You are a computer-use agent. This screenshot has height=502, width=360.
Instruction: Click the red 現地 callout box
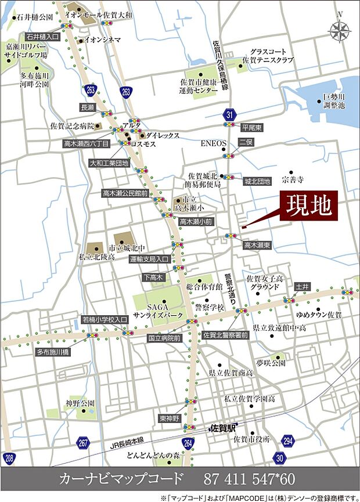pos(308,205)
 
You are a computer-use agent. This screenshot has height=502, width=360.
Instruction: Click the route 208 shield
pos(8,458)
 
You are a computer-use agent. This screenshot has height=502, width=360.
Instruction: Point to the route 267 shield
pos(83,444)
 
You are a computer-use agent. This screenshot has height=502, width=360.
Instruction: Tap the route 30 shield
pos(280,458)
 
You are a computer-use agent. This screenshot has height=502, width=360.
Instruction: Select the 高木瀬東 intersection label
pos(257,245)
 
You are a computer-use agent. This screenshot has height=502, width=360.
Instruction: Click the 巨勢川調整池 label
pos(334,100)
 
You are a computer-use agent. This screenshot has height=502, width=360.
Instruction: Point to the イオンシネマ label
pos(103,39)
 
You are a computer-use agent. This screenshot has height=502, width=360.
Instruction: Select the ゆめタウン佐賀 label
pos(319,315)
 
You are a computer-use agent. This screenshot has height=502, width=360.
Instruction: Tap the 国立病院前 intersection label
pos(164,337)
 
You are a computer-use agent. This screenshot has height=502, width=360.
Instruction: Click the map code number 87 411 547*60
pos(249,479)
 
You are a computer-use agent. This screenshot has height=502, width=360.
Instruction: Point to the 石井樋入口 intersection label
pos(43,36)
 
